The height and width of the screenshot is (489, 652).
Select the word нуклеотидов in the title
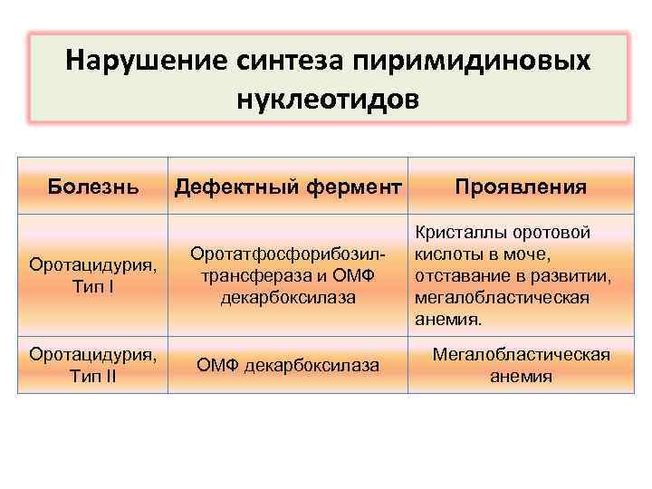pyautogui.click(x=328, y=96)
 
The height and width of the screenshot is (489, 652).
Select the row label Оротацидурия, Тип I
pyautogui.click(x=93, y=275)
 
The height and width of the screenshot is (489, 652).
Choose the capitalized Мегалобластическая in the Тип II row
pyautogui.click(x=521, y=354)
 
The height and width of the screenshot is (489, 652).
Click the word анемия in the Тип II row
pyautogui.click(x=521, y=376)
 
